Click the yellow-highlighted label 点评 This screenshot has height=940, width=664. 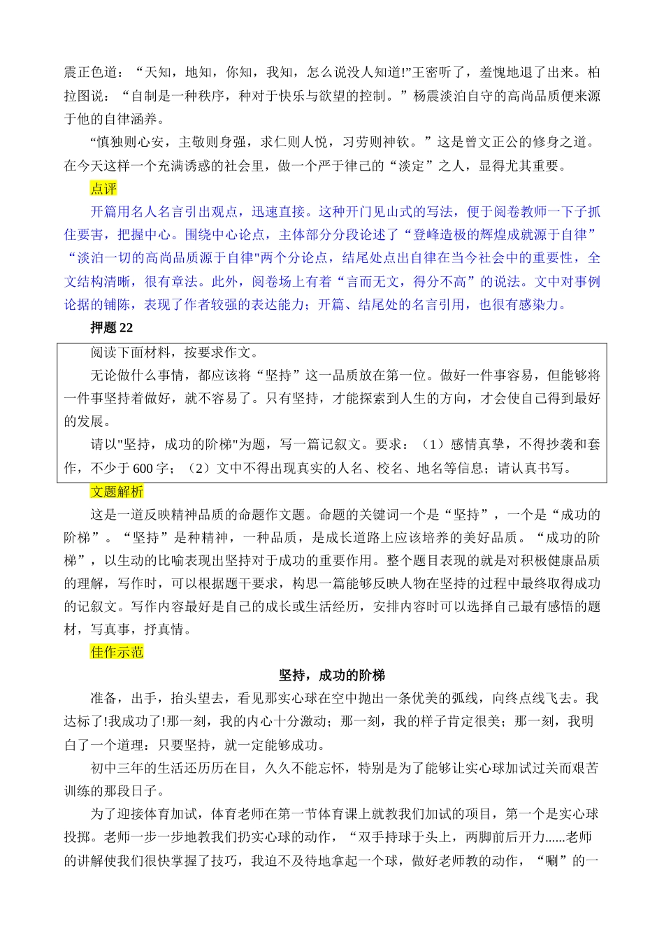[103, 189]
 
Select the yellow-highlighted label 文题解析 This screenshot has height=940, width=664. [117, 492]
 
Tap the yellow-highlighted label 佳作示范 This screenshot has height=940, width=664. [117, 653]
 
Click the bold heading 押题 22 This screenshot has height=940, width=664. [111, 328]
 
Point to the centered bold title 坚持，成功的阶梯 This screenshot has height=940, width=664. [332, 676]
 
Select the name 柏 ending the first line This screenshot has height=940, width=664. [593, 73]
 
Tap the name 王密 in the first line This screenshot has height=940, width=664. [426, 73]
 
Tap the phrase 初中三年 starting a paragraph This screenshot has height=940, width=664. [117, 769]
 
